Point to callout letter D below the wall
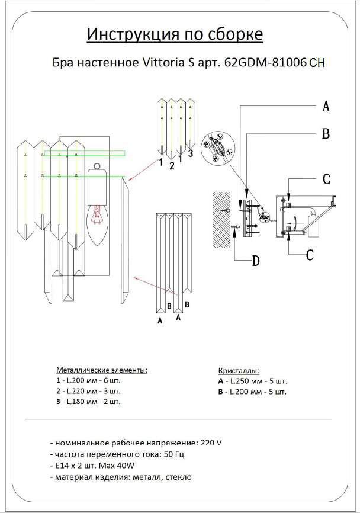tap(255, 261)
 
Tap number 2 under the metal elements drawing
tap(172, 166)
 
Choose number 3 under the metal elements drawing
tap(191, 153)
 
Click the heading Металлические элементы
tap(102, 370)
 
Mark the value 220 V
tap(211, 443)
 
